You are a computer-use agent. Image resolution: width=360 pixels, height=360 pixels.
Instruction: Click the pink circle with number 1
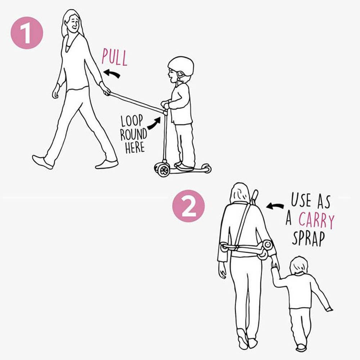click(x=27, y=33)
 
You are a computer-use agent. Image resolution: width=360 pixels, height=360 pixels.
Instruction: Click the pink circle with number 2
click(x=188, y=206)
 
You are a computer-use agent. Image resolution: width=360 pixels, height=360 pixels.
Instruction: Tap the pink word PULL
click(x=114, y=57)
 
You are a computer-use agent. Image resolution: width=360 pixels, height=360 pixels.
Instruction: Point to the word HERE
click(x=135, y=147)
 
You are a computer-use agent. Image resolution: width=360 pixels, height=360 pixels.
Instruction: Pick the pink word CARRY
click(x=316, y=221)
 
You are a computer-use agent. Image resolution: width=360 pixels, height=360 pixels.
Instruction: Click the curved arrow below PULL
click(x=112, y=74)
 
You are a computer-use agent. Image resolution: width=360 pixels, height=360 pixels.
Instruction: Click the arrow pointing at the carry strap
click(x=275, y=206)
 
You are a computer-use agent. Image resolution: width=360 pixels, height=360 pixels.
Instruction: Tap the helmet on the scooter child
click(x=181, y=66)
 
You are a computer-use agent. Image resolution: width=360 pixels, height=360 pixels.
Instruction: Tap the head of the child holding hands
click(x=299, y=266)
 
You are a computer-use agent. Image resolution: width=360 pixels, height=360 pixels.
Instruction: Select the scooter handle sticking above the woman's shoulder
click(x=254, y=197)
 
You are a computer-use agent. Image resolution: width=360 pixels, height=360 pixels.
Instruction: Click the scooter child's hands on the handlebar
click(x=165, y=105)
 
